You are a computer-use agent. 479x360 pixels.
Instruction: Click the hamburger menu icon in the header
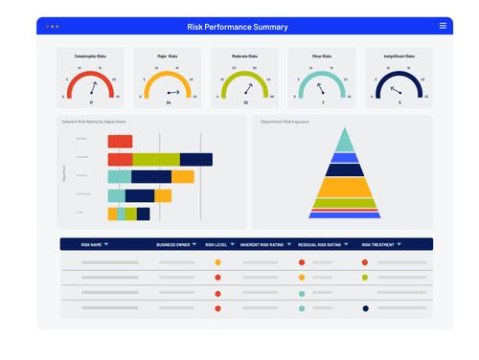[442, 26]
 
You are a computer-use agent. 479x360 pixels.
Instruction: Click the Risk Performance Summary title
[239, 27]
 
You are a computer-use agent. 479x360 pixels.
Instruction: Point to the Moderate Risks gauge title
[245, 56]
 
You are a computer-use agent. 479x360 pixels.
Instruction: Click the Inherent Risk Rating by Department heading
[94, 122]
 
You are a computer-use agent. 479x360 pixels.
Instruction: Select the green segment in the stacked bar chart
[155, 160]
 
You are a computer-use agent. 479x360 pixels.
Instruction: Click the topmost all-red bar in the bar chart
[120, 142]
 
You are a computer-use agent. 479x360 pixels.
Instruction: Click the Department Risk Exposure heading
[286, 122]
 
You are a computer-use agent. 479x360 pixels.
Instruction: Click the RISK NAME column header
[93, 244]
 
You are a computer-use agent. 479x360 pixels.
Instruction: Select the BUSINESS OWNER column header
[175, 244]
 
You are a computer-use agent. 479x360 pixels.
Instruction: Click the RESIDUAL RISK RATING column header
[320, 244]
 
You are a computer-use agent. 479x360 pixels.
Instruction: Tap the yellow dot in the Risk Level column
[217, 261]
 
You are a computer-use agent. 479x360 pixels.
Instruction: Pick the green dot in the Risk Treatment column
[365, 278]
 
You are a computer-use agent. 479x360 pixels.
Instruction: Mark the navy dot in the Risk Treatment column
[365, 308]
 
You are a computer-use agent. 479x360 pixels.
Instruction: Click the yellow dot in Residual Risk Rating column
[301, 278]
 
